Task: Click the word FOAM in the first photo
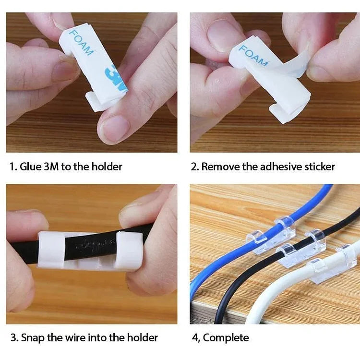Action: [80, 42]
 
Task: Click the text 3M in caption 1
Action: [51, 167]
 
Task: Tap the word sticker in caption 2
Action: [318, 167]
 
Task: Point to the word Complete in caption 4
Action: [226, 337]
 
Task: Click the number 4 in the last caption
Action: [195, 337]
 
